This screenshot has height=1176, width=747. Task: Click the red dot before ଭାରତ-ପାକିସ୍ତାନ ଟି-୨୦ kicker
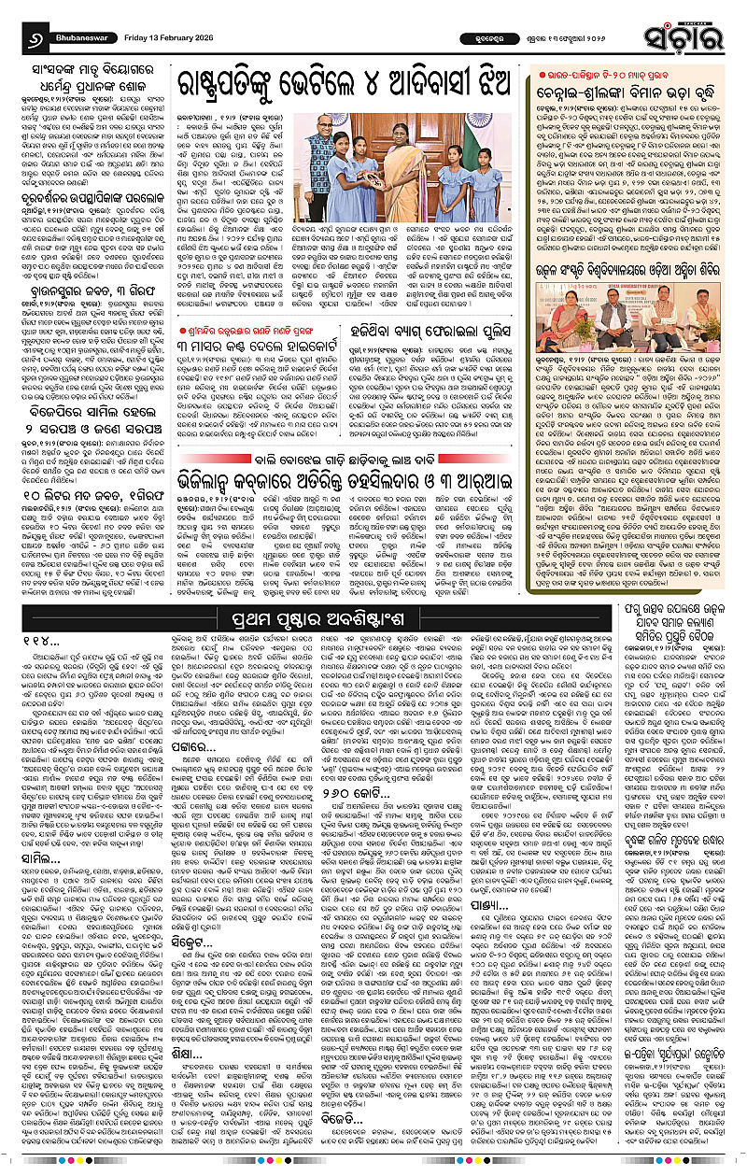(x=532, y=74)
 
